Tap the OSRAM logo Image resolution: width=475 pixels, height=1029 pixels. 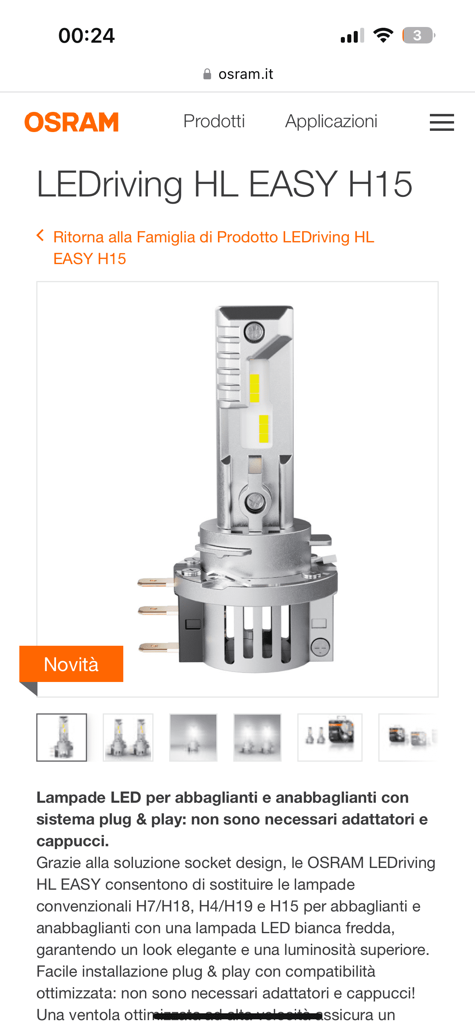coord(72,122)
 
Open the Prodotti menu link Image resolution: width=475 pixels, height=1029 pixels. coord(214,121)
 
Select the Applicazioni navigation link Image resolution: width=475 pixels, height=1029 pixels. coord(331,122)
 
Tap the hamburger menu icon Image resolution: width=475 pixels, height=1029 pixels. coord(442,122)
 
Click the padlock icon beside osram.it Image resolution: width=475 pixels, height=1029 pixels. coord(207,74)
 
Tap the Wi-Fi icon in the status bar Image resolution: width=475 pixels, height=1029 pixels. coord(383,35)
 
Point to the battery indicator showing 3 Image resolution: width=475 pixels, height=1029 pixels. coord(419,35)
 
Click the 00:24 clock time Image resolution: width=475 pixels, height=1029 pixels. coord(87,35)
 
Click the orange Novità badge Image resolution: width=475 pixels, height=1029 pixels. coord(71,664)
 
